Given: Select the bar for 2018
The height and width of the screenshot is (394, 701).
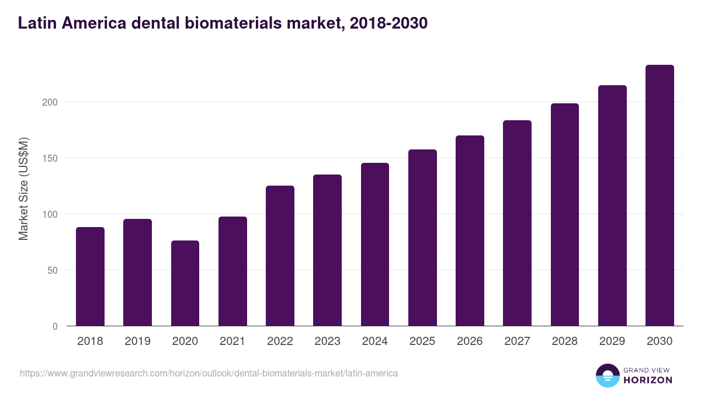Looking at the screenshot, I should pyautogui.click(x=90, y=277).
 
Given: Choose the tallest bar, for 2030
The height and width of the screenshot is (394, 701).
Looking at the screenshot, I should pyautogui.click(x=660, y=196).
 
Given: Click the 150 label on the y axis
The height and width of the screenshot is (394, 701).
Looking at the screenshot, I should pyautogui.click(x=51, y=158).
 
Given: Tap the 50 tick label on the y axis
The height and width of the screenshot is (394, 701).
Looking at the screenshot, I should pyautogui.click(x=53, y=270).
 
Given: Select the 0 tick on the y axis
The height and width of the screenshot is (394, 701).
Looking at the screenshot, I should pyautogui.click(x=55, y=326).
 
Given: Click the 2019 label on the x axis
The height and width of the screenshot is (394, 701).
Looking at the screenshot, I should pyautogui.click(x=137, y=341).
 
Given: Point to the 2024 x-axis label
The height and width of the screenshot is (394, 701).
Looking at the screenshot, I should pyautogui.click(x=374, y=341).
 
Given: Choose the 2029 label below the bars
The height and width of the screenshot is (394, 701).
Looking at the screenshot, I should pyautogui.click(x=612, y=341).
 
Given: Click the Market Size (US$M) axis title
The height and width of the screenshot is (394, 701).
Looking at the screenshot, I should pyautogui.click(x=23, y=189).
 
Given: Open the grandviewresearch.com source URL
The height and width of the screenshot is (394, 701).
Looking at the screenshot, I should pyautogui.click(x=209, y=373).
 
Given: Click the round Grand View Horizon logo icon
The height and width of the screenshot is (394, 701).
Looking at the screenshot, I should pyautogui.click(x=608, y=375).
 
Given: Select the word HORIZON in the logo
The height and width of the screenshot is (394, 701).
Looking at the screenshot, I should pyautogui.click(x=648, y=380).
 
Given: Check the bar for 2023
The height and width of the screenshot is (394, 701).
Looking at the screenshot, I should pyautogui.click(x=327, y=250).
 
